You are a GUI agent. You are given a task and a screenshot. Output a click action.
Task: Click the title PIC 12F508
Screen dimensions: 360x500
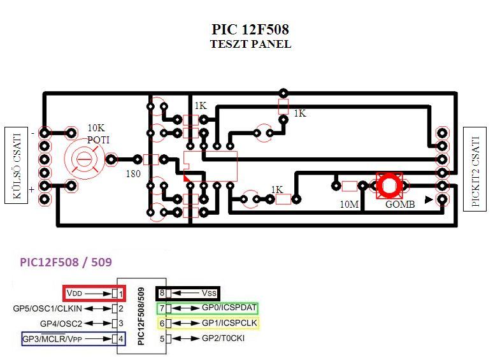(x=250, y=30)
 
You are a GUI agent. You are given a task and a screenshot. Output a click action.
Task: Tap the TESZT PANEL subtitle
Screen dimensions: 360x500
(x=250, y=45)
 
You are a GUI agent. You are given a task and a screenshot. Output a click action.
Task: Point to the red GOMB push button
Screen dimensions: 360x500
(x=388, y=185)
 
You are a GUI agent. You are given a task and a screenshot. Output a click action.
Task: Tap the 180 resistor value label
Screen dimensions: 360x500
(x=132, y=173)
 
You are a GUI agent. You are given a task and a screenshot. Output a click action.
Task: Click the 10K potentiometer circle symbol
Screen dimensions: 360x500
(x=82, y=159)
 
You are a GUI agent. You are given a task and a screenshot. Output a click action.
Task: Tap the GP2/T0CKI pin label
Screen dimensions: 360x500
(x=223, y=338)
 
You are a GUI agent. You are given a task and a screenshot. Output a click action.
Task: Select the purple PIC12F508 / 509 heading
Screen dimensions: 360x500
(x=66, y=262)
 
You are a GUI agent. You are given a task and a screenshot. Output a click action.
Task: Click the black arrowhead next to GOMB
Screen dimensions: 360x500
(x=429, y=200)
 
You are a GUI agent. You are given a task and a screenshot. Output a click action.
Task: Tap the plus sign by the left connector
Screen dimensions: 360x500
(x=32, y=189)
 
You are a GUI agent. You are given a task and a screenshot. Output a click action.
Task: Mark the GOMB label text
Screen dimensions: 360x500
(x=400, y=205)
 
